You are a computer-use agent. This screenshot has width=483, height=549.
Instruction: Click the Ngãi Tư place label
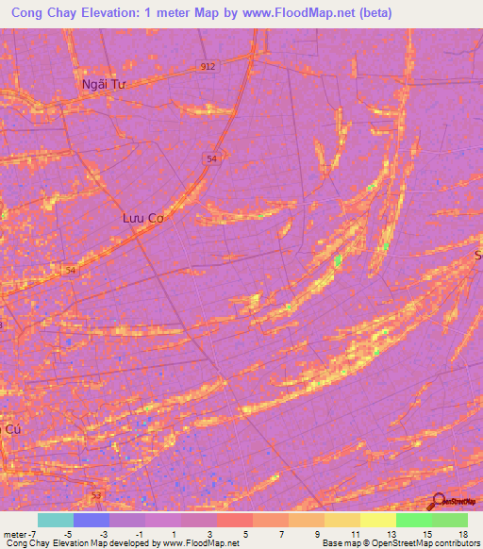point(104,84)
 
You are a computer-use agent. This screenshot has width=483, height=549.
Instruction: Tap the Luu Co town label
point(143,218)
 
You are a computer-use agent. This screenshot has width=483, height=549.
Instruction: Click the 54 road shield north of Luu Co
point(211,160)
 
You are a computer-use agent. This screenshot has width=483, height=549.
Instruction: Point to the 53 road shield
point(94,493)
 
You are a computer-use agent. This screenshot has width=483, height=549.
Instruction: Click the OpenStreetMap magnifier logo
point(440,503)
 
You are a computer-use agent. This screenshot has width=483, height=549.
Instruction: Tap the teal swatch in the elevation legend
point(56,520)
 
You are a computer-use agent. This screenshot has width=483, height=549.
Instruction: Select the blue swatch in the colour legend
point(92,520)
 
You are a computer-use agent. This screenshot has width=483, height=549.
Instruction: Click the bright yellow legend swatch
point(378,520)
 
